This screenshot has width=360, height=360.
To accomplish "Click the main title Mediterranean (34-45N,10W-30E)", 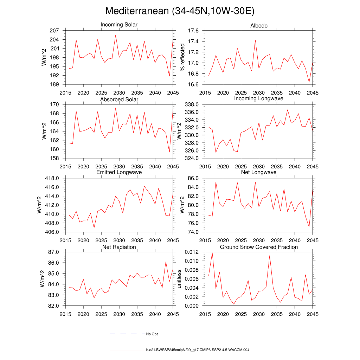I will click(180, 11).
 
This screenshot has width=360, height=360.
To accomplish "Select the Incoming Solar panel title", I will click(119, 25).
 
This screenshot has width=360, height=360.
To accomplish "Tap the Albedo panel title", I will click(259, 26).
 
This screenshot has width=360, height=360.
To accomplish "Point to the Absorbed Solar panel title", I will click(119, 99).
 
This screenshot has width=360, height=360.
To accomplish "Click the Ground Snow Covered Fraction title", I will click(259, 247).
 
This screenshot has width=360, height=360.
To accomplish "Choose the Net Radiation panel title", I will click(119, 247).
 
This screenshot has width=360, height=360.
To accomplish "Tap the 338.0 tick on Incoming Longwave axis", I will click(192, 104).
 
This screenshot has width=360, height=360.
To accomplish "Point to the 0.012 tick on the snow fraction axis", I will click(192, 252).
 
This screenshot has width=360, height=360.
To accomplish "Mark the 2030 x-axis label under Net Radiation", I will click(119, 314).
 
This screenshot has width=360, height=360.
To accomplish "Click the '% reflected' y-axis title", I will click(182, 57).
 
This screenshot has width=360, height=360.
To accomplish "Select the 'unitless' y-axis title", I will click(179, 279).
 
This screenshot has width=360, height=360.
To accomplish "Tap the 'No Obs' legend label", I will click(152, 334).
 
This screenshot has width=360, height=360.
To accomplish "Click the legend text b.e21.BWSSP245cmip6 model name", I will click(198, 350).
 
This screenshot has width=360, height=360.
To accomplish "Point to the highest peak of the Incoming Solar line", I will click(116, 35).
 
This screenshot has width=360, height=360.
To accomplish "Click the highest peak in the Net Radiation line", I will click(166, 262).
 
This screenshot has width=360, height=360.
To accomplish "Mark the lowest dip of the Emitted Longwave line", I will click(94, 227).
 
